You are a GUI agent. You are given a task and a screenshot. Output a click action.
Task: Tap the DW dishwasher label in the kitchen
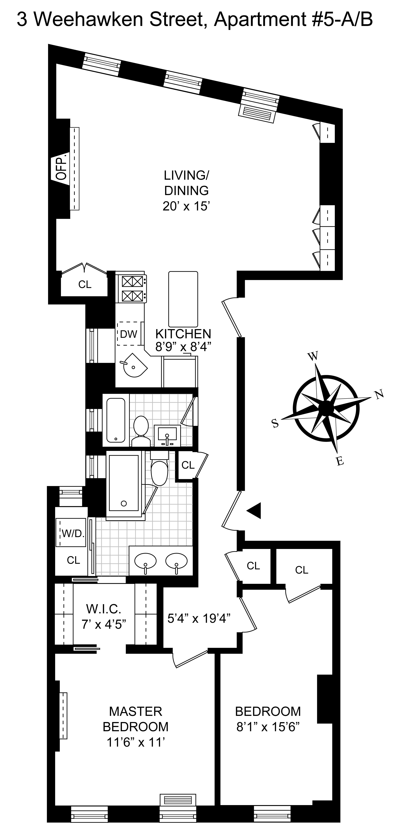(x=129, y=334)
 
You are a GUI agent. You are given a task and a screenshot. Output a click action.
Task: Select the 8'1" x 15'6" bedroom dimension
(x=268, y=727)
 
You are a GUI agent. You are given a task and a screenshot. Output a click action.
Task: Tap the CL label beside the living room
(x=85, y=284)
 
